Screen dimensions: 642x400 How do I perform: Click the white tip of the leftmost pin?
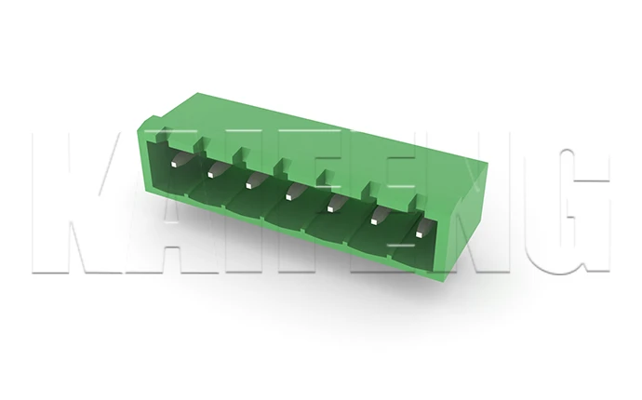174,164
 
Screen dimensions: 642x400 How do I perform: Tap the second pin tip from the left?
210,175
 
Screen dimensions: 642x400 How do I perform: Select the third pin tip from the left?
248,186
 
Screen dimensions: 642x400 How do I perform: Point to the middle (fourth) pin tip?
288,197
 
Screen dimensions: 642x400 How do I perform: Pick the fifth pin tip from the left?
330,209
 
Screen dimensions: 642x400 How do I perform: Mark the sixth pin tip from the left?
374,222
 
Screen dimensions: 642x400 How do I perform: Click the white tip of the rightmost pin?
419,234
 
